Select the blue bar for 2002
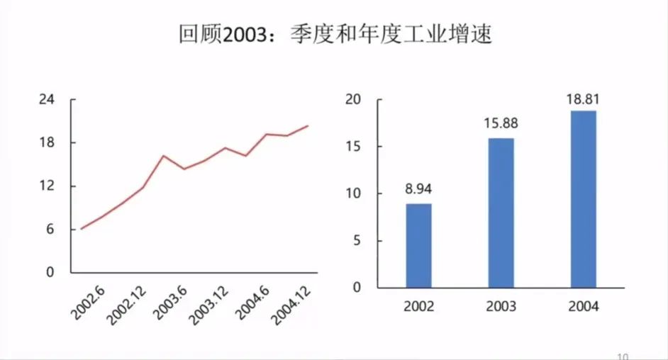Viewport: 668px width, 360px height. point(418,245)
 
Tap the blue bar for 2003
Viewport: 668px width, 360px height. point(501,213)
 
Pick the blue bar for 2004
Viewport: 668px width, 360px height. point(584,199)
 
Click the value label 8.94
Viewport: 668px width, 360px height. point(418,189)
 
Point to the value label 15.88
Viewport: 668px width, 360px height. point(501,123)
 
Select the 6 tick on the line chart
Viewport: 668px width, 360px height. point(50,229)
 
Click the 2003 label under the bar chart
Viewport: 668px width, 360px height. point(501,307)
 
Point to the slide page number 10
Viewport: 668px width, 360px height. point(623,356)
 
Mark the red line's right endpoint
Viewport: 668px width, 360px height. point(308,126)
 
